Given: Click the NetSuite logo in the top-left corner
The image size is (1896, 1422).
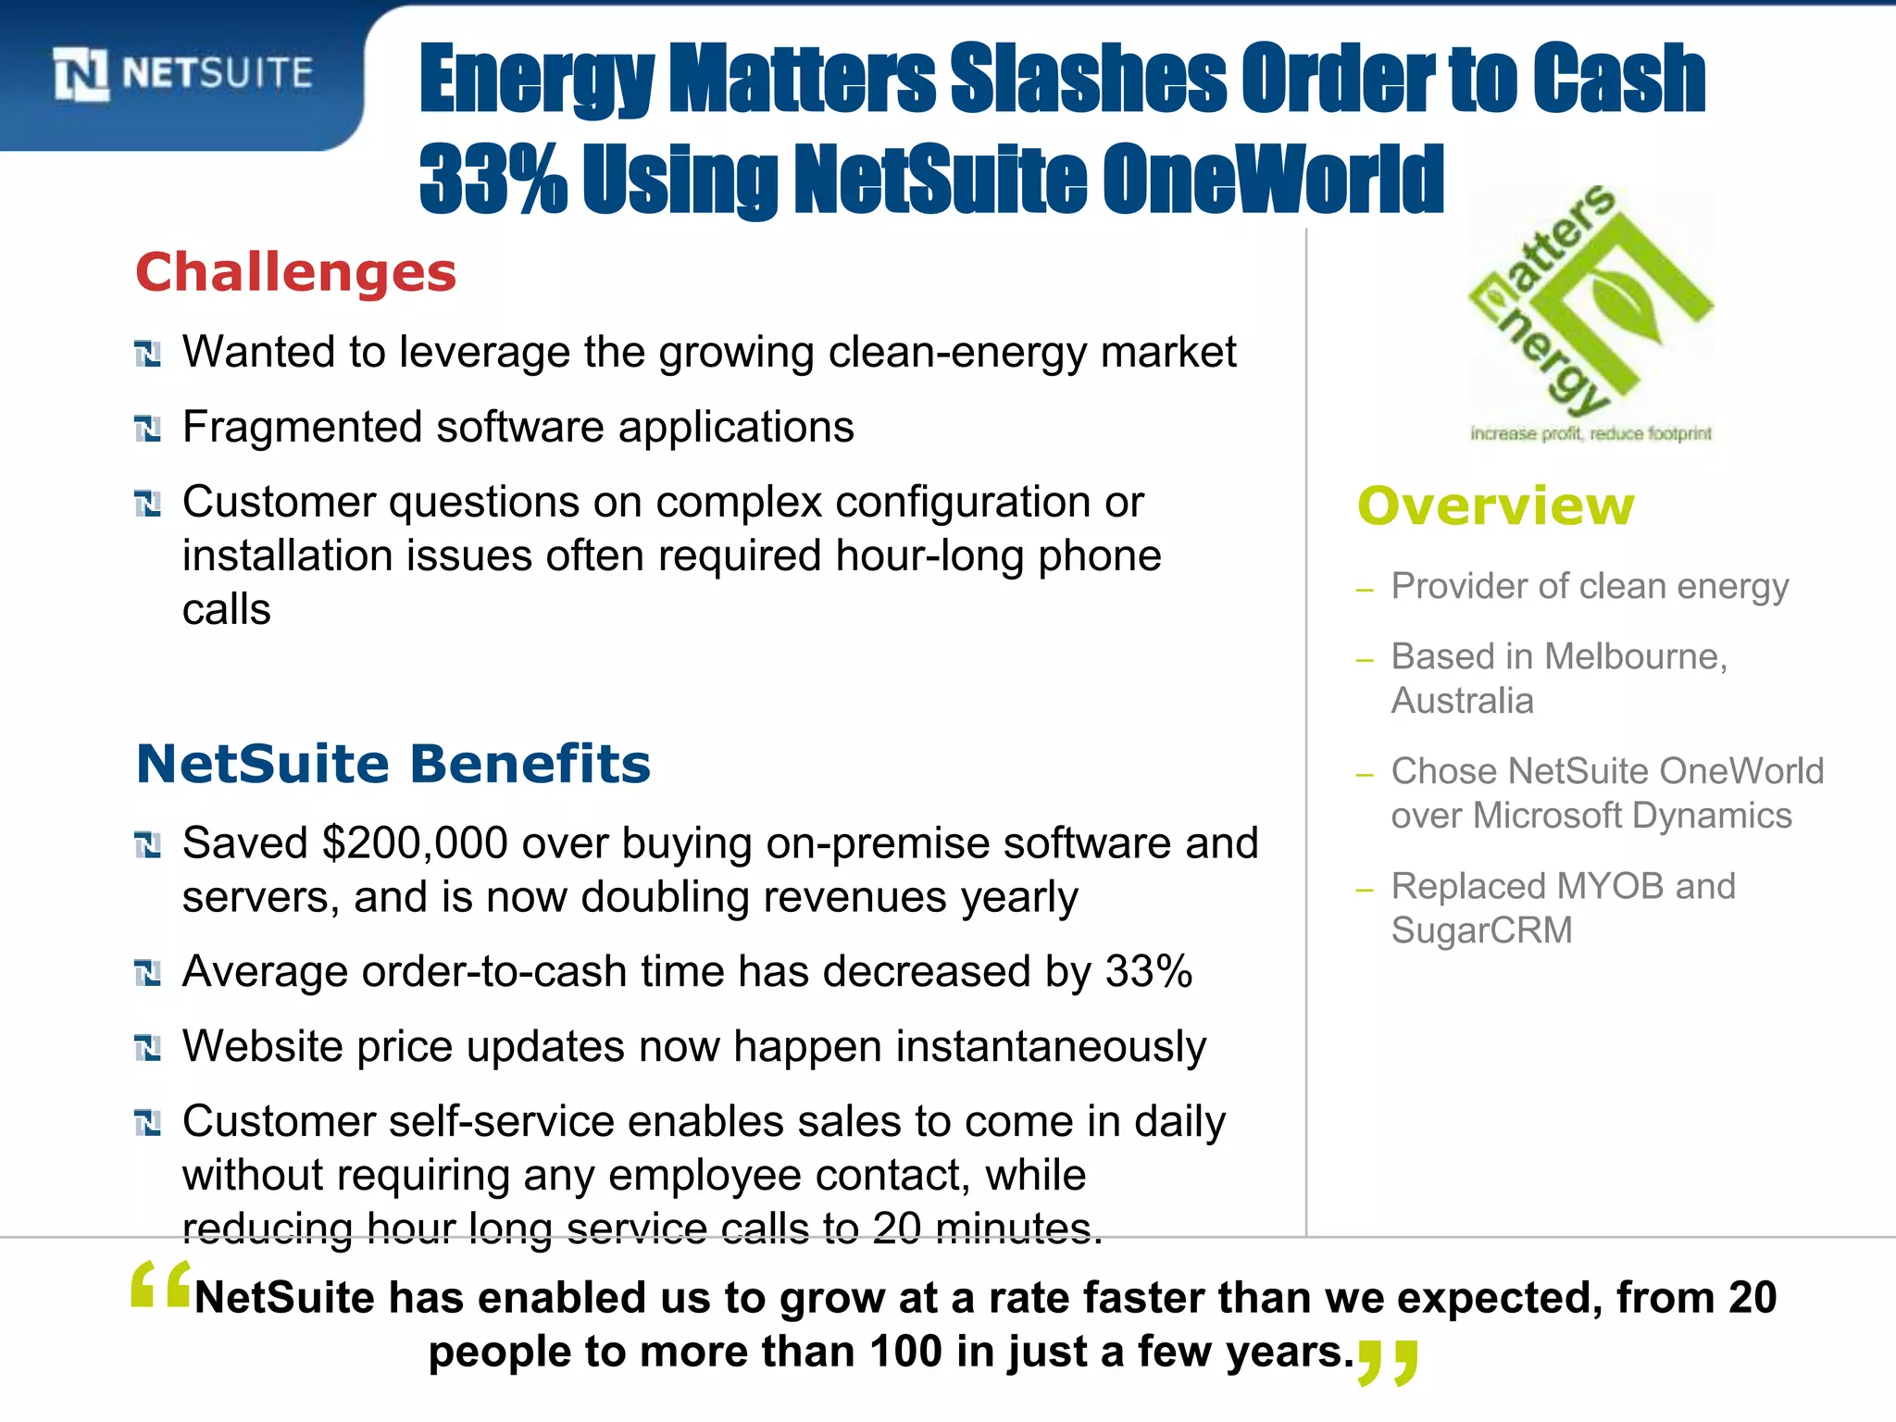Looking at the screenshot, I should point(183,74).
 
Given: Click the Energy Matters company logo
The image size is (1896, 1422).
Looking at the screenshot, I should point(1590,306).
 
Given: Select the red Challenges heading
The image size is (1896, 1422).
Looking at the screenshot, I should point(296,273).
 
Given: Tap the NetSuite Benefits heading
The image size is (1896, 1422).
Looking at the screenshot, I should point(393,764).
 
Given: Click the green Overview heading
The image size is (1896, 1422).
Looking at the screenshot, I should point(1496,506).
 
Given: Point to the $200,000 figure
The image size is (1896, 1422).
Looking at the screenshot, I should point(414,843).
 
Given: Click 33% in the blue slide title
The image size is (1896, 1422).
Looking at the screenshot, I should point(493,179).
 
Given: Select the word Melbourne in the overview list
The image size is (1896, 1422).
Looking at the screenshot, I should point(1635,656).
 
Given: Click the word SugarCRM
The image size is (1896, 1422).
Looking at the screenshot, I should point(1481,930).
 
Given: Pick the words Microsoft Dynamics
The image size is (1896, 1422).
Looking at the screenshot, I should point(1632,816).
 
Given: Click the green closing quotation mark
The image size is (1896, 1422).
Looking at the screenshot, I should point(1387,1362).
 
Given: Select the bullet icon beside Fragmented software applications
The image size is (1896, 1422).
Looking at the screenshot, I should point(148,429).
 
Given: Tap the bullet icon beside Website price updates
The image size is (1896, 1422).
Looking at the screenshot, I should point(148,1048).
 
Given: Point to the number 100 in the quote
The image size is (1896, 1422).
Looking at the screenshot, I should point(905,1352).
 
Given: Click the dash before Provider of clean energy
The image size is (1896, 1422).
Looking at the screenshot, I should point(1364,590).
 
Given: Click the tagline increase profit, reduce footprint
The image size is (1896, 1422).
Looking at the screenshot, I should point(1590,433).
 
